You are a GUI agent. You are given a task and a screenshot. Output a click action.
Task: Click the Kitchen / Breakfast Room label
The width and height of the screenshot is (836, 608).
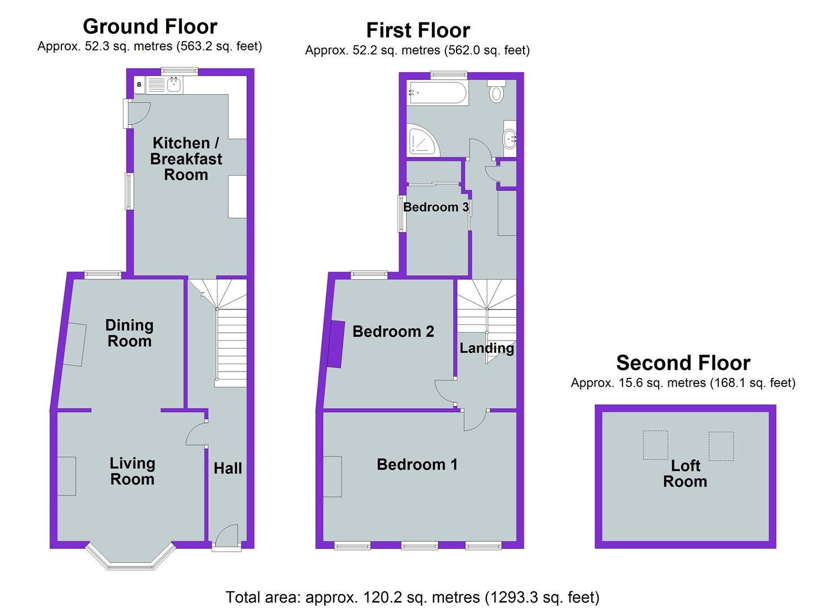tap(186, 159)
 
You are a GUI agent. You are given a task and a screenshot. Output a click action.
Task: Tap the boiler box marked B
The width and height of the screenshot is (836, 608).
tap(139, 85)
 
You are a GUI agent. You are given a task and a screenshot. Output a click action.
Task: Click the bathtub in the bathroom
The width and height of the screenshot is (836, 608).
tap(438, 93)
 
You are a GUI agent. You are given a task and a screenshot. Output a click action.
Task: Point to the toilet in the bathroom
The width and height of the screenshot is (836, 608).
tap(496, 91)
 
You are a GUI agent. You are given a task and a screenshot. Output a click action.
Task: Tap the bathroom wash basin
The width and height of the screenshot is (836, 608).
tap(510, 137)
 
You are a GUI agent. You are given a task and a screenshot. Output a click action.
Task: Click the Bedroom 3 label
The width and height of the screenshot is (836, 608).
tap(436, 207)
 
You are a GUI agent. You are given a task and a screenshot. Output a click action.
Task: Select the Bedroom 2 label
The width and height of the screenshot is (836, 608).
tap(393, 331)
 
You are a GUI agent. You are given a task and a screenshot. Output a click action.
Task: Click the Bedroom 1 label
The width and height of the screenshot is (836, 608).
tap(417, 464)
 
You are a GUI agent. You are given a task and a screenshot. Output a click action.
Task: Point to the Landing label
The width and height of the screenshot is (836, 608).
tap(486, 348)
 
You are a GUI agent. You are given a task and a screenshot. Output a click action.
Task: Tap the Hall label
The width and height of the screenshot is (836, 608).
tap(227, 468)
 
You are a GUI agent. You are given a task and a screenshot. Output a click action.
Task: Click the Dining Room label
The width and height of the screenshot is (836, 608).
tap(129, 333)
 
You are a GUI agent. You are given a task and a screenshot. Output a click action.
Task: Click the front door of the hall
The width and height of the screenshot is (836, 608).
tap(226, 538)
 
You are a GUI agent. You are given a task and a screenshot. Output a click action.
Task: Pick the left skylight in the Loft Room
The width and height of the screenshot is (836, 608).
tap(655, 445)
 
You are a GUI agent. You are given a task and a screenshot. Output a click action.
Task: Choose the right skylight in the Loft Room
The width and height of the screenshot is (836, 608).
tap(721, 445)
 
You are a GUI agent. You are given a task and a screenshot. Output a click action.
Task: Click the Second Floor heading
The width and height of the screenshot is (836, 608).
tap(683, 363)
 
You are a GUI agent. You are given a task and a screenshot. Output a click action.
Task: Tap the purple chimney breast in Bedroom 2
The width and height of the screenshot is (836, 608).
tap(337, 343)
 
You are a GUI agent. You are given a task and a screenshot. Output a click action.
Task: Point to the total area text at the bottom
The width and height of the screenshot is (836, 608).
tap(412, 597)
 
